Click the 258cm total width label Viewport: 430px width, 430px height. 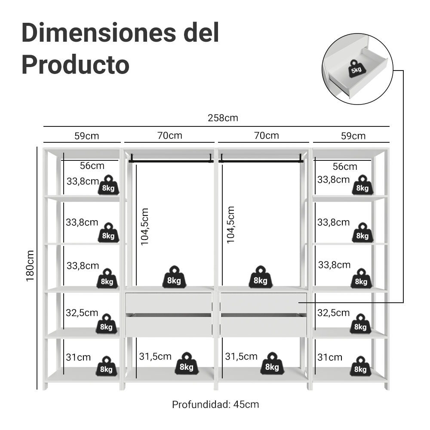click(223, 118)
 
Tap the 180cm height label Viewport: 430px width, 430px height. click(30, 266)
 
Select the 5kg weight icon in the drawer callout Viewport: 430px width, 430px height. click(356, 68)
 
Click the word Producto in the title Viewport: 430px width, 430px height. click(75, 65)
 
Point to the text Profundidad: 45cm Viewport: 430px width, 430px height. click(215, 405)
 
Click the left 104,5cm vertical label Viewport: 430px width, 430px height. click(144, 227)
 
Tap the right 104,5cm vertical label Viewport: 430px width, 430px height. click(230, 225)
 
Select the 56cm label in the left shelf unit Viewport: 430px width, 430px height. click(92, 166)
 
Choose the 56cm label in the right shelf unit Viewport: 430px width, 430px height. click(345, 166)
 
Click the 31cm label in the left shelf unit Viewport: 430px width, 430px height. click(78, 357)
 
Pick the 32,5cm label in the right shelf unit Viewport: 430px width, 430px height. click(334, 313)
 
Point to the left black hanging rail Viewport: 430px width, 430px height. click(171, 160)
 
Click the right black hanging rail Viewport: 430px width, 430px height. click(261, 160)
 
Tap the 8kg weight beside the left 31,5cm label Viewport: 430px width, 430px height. click(187, 364)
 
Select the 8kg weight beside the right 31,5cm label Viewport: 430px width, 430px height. click(272, 364)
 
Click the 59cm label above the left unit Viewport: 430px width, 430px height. click(87, 136)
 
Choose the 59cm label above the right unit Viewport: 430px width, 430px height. click(353, 136)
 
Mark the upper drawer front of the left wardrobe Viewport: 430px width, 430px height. click(169, 302)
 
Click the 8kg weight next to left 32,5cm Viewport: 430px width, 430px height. click(106, 324)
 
